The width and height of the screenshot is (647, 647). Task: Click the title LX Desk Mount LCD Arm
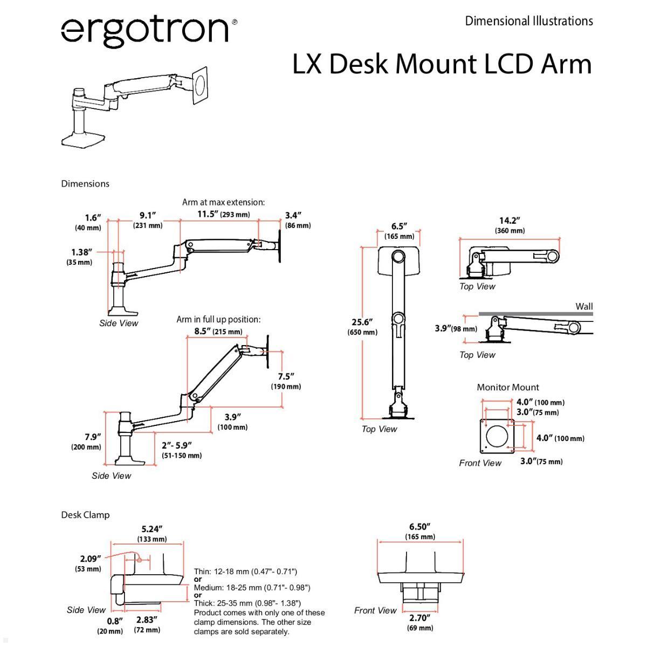pos(442,64)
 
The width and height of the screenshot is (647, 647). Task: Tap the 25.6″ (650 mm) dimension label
pos(362,327)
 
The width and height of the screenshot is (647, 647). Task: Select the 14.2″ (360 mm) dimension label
pos(510,225)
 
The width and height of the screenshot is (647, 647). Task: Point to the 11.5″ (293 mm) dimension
pos(223,214)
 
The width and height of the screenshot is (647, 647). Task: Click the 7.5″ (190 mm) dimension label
pos(285,381)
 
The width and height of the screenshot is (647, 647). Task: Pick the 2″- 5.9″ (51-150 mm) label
pos(181,450)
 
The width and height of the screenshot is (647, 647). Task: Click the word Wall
pos(584,306)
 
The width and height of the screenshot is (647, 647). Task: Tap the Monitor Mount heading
pos(507,387)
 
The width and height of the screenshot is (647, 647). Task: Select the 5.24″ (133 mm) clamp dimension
pos(152,534)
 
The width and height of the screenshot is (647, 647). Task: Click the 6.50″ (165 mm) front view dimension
pos(420,531)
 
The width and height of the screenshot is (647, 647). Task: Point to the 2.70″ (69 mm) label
pos(420,623)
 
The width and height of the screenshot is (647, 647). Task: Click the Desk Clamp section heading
pos(85,515)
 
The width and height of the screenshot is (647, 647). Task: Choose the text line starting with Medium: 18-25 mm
pos(252,588)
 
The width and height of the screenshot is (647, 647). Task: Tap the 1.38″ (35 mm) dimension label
pos(81,257)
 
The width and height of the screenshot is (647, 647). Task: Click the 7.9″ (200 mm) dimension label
pos(86,442)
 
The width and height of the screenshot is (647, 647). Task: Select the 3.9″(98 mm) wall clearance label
pos(456,328)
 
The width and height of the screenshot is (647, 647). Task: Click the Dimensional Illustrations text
pos(529,21)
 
